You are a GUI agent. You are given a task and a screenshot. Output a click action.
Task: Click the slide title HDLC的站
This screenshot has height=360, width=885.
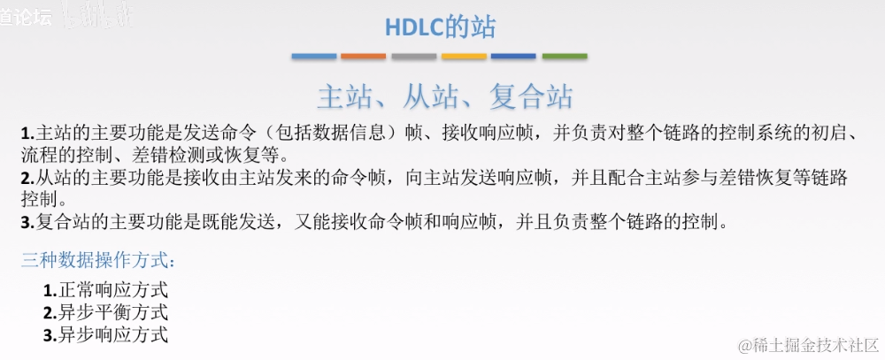tap(440, 27)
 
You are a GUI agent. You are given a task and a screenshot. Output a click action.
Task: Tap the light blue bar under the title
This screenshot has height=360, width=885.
tap(314, 57)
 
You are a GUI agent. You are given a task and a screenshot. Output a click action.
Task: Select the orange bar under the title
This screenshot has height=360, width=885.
tap(364, 57)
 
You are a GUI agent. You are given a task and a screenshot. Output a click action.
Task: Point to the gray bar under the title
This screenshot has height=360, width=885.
tap(414, 57)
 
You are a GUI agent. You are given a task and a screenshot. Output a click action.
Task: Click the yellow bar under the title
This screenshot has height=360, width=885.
tap(464, 57)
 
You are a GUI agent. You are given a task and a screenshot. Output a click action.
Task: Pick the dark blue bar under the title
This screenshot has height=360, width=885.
tap(514, 57)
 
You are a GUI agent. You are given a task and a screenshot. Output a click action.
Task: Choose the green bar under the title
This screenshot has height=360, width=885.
tap(565, 57)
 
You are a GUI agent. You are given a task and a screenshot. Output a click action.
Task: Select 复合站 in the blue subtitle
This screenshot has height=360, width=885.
tap(529, 96)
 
